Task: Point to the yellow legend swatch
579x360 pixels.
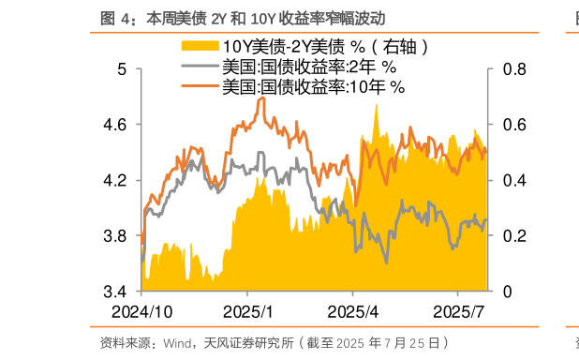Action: (x=199, y=46)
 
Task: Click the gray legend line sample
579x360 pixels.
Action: (x=199, y=67)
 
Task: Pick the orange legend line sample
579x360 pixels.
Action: (x=199, y=86)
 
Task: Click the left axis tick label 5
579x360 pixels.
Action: (x=122, y=69)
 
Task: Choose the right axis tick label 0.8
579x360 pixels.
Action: (x=513, y=69)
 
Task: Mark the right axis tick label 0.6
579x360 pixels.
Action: (x=513, y=125)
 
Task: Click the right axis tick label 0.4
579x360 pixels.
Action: (x=513, y=180)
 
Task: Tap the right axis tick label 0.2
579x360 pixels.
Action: (x=513, y=235)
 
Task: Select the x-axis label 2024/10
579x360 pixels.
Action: (x=141, y=311)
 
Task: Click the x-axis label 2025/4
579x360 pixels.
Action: (x=352, y=311)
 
